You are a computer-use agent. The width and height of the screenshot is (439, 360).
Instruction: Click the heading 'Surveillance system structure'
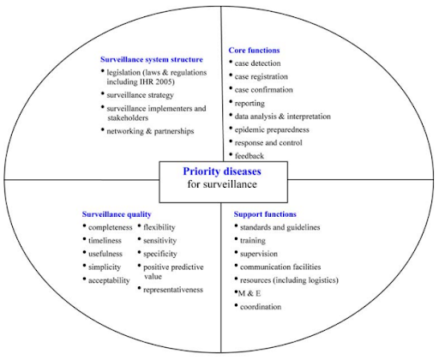pos(152,59)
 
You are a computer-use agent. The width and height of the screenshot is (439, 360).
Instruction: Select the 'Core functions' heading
pos(254,51)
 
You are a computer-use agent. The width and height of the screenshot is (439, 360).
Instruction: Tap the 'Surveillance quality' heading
pos(117,214)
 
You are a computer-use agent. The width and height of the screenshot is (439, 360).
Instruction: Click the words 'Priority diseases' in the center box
pos(222,171)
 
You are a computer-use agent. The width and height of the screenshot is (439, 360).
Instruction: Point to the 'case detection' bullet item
pos(257,63)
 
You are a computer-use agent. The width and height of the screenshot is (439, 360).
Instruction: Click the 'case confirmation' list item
pos(264,90)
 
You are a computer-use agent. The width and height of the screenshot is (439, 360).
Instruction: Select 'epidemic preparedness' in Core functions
pos(272,129)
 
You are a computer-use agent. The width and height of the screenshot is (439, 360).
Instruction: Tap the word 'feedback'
pos(250,156)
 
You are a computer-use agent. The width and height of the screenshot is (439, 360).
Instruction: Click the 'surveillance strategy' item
pos(140,95)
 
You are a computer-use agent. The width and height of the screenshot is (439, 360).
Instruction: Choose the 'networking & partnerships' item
pos(150,131)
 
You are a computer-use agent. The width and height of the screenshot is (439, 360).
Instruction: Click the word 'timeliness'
pos(105,241)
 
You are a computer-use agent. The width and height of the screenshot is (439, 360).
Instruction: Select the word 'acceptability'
pos(109,280)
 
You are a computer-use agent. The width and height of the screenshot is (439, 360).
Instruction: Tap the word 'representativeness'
pos(173,290)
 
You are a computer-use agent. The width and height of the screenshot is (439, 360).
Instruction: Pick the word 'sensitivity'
pos(160,241)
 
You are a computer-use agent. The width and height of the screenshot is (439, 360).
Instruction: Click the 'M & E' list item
pos(250,293)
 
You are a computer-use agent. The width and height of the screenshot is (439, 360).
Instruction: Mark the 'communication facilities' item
pos(280,267)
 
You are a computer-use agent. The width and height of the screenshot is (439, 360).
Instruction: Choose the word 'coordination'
pos(261,307)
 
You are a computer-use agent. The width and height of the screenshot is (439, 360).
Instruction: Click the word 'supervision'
pos(259,254)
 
